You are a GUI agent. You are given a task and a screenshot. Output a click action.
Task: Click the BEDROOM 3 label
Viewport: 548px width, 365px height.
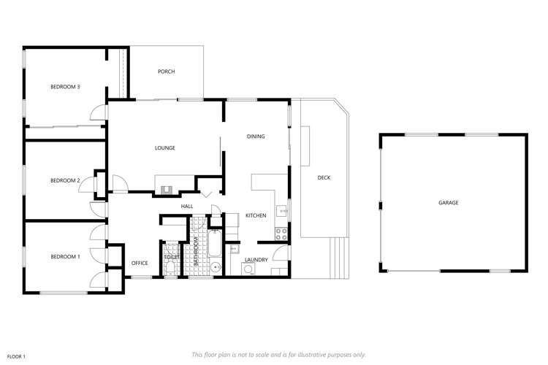[65, 87]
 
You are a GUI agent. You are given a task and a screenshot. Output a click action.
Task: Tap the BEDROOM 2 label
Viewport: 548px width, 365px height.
[65, 180]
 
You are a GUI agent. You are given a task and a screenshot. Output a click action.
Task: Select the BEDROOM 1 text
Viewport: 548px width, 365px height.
[65, 256]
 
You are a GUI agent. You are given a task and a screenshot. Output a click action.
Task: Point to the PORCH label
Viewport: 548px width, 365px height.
[166, 72]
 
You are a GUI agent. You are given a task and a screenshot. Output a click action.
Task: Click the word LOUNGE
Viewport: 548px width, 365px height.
[164, 148]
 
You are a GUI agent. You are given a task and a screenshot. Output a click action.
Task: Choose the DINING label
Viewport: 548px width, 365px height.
[256, 137]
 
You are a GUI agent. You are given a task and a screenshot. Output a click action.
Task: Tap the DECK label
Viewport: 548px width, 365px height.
[324, 177]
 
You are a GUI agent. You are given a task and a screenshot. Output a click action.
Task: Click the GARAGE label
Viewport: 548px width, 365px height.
[449, 202]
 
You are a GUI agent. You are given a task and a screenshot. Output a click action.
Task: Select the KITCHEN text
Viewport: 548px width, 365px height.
[255, 215]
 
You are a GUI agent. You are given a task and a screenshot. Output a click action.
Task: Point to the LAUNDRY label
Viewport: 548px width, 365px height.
[256, 259]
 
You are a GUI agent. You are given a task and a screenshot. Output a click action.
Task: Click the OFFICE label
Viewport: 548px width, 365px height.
[140, 263]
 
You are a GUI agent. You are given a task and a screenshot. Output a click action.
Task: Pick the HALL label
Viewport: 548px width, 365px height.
[187, 207]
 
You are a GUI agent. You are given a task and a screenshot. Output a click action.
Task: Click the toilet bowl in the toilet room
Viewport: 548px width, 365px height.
[170, 269]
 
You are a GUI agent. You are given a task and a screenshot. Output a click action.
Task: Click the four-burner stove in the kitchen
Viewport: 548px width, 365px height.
[280, 234]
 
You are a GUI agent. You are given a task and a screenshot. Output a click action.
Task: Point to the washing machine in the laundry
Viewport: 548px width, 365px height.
[248, 269]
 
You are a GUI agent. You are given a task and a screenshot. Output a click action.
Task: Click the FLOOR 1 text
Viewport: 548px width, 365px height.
[16, 356]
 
